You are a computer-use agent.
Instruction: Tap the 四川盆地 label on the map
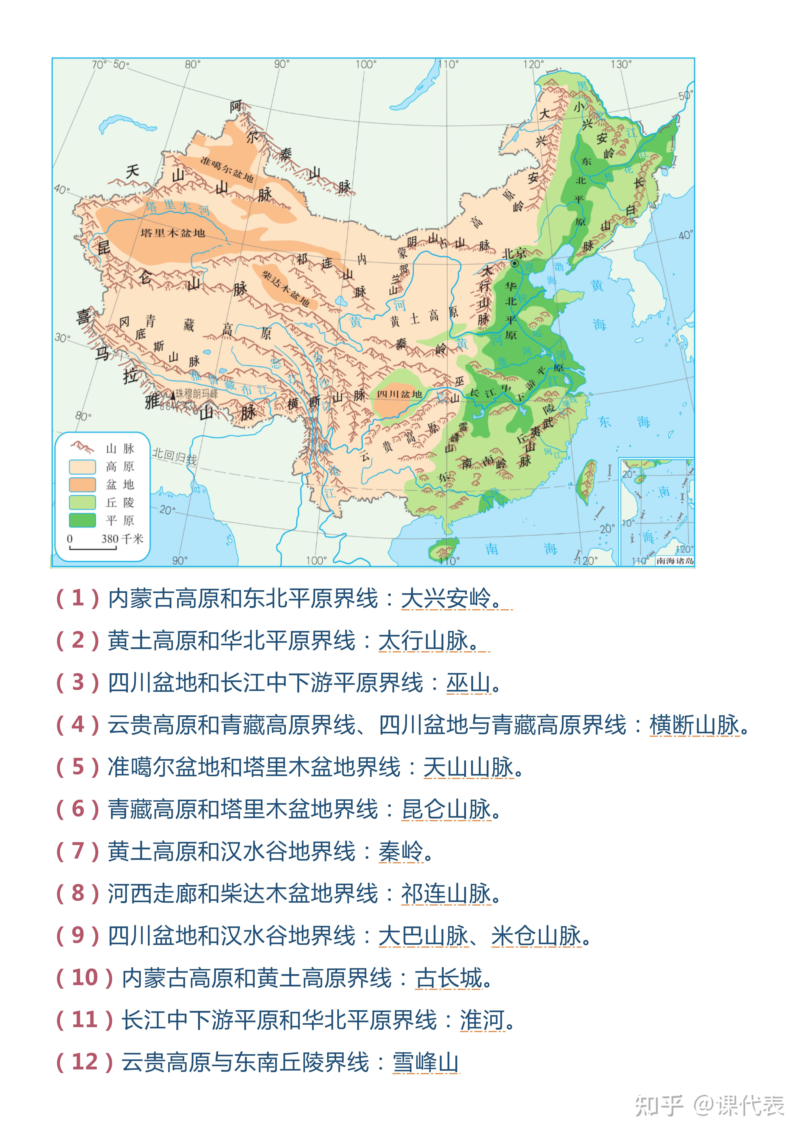(399, 394)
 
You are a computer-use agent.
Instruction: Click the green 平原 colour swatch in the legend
(82, 520)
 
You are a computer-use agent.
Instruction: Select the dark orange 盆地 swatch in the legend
(82, 484)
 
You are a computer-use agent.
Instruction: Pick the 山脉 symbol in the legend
(82, 448)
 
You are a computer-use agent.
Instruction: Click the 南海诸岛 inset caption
(674, 561)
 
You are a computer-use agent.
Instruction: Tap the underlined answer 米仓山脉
(536, 936)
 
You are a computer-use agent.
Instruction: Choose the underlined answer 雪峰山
(425, 1062)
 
